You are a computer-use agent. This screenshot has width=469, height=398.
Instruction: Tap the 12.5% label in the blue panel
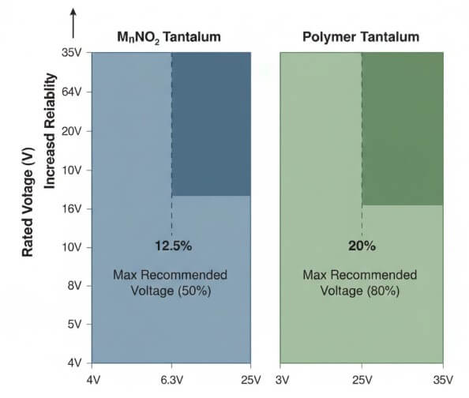[x=171, y=246]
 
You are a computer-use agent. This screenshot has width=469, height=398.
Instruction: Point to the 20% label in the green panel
[x=362, y=246]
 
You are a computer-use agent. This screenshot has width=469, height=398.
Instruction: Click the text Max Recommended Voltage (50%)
[x=171, y=282]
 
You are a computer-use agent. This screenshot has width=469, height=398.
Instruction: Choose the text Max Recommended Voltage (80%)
[x=361, y=282]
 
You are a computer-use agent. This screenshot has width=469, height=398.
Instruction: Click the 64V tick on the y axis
[x=73, y=92]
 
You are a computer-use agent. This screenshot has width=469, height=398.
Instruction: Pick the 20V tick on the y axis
[x=73, y=130]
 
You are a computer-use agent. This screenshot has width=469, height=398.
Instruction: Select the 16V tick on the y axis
[x=73, y=208]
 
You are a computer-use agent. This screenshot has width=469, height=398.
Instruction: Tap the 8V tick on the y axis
[x=76, y=286]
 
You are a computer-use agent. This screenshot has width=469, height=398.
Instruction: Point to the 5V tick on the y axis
[x=76, y=325]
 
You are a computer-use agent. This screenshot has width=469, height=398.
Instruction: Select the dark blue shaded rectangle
[x=211, y=124]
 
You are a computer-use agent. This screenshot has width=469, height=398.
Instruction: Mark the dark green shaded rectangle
[x=401, y=129]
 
